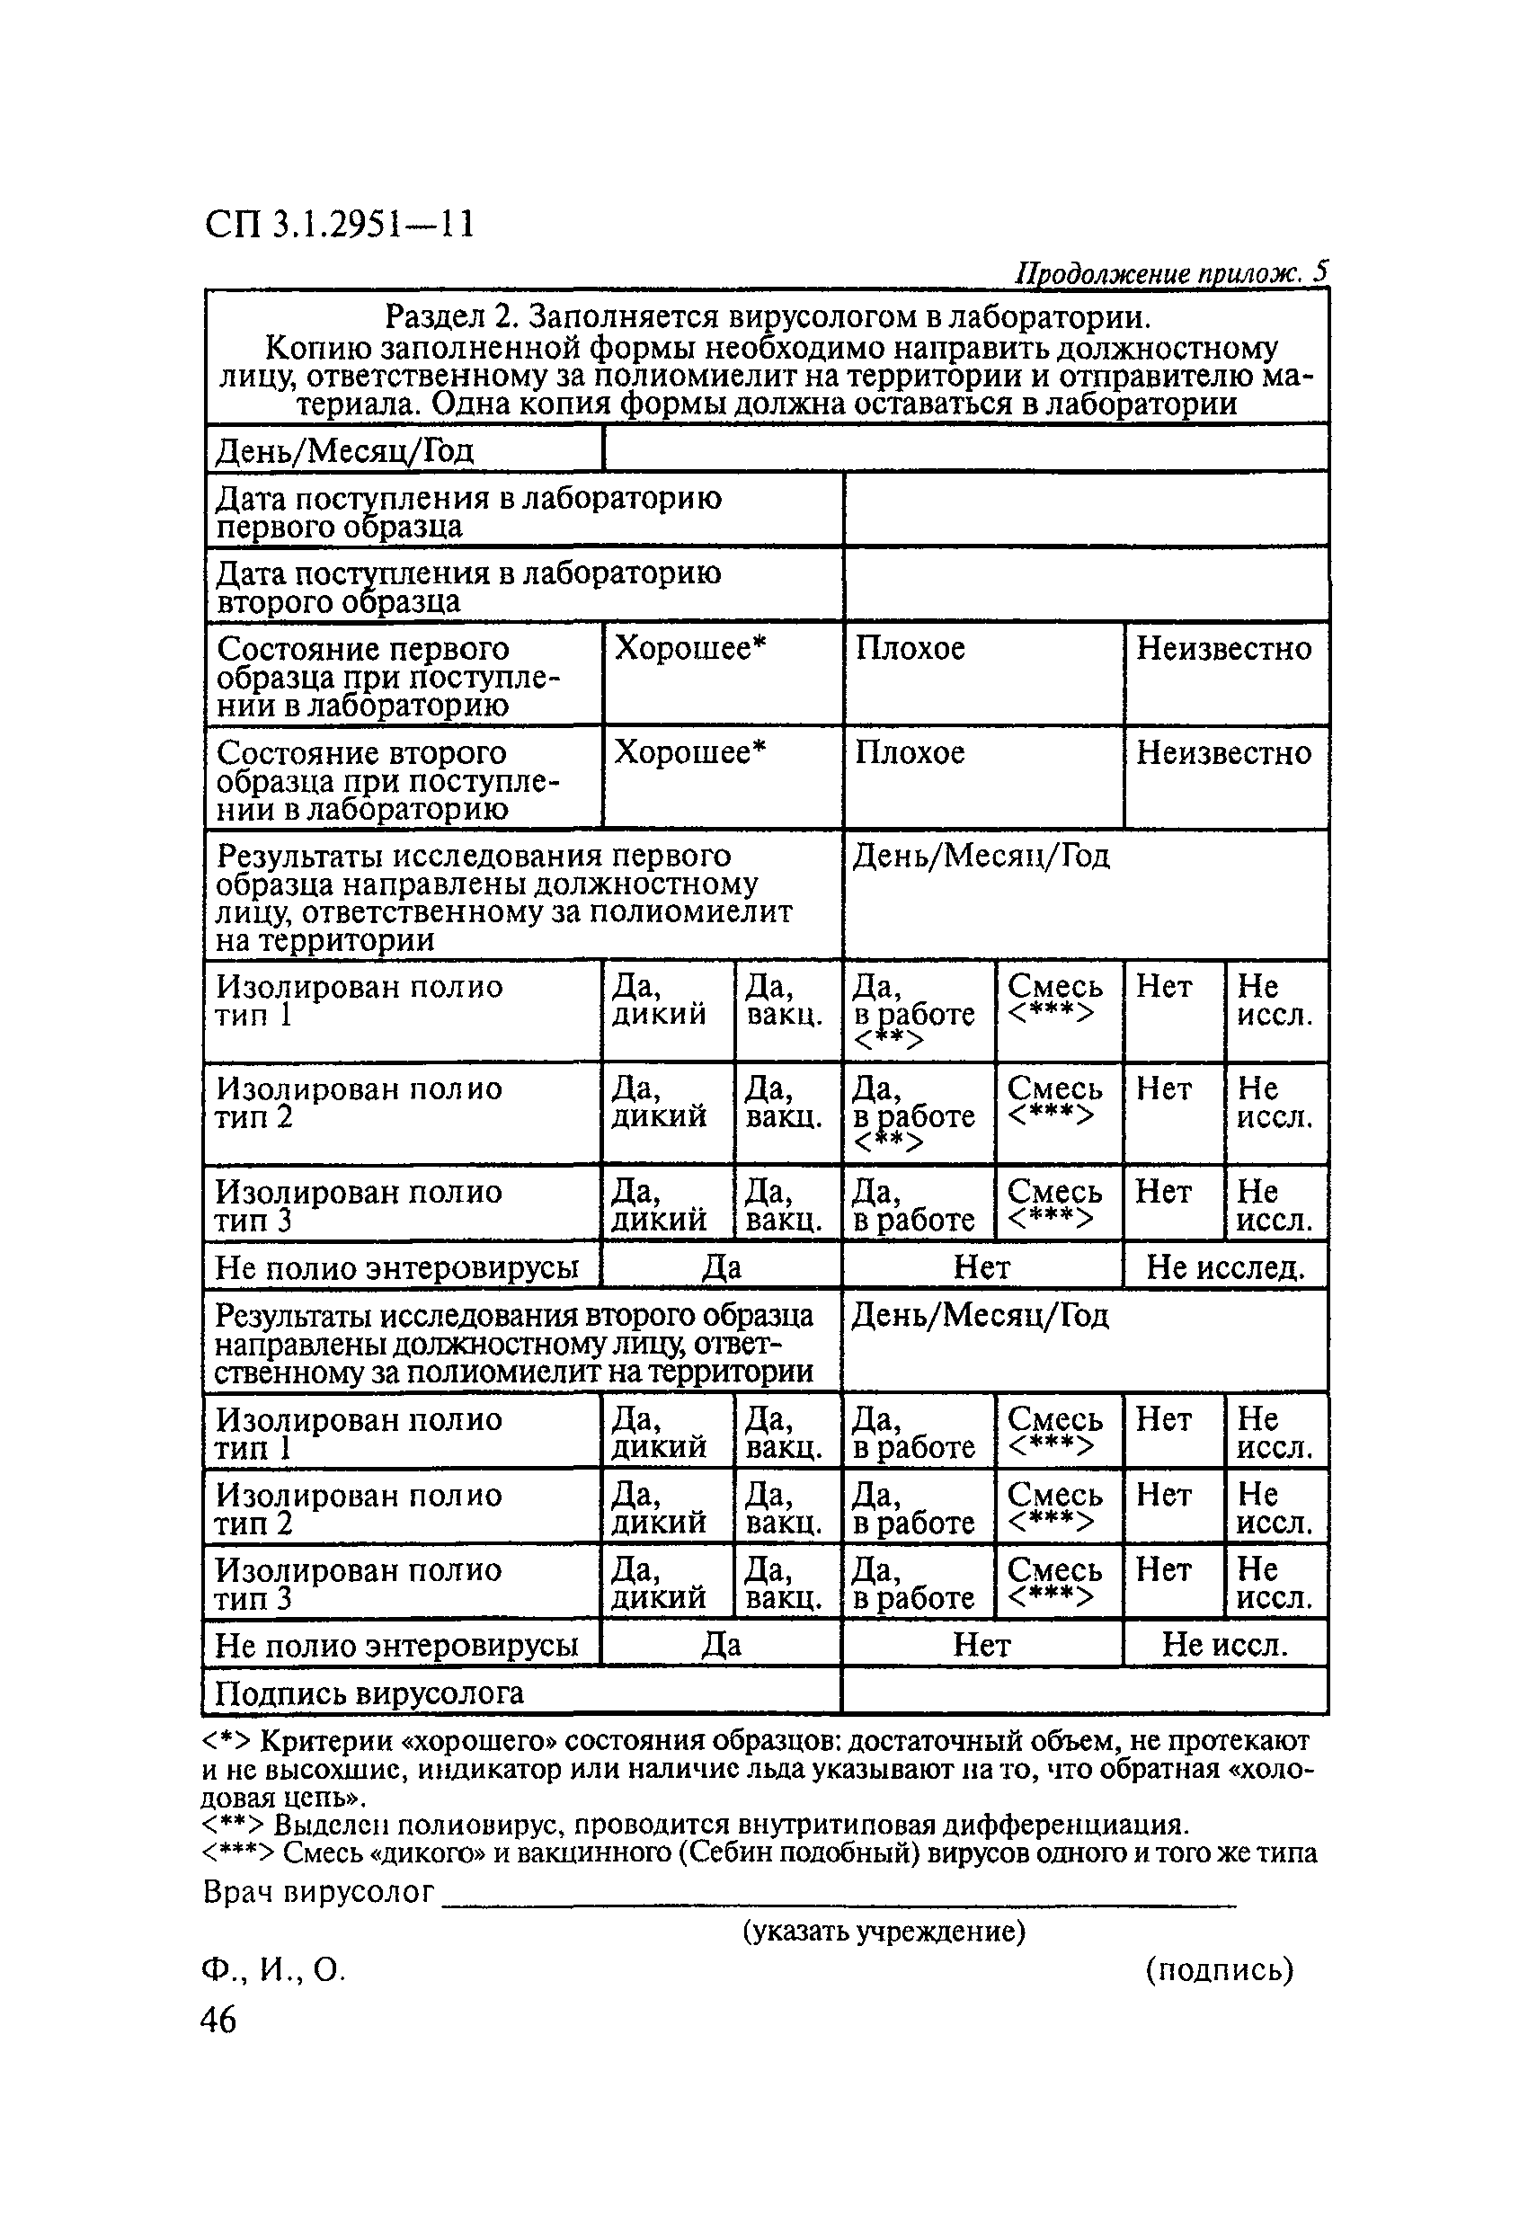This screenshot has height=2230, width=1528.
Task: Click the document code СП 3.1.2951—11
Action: click(x=340, y=225)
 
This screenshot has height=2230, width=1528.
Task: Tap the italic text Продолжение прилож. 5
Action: click(x=1170, y=274)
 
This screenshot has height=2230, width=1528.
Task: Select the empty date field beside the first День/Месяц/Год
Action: click(x=964, y=449)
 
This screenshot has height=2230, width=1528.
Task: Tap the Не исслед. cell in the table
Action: click(x=1225, y=1267)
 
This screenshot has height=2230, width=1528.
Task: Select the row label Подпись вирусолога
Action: click(x=369, y=1693)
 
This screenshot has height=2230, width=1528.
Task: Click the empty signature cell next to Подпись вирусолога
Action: click(x=1085, y=1693)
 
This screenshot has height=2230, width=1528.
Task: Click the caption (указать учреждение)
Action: click(x=884, y=1931)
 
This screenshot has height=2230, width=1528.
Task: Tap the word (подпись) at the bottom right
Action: click(x=1219, y=1970)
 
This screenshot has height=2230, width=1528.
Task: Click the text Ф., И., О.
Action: click(x=273, y=1970)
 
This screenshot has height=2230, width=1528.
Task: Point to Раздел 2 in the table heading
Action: click(x=449, y=316)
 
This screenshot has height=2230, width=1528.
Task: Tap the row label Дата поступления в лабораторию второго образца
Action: click(x=467, y=586)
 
